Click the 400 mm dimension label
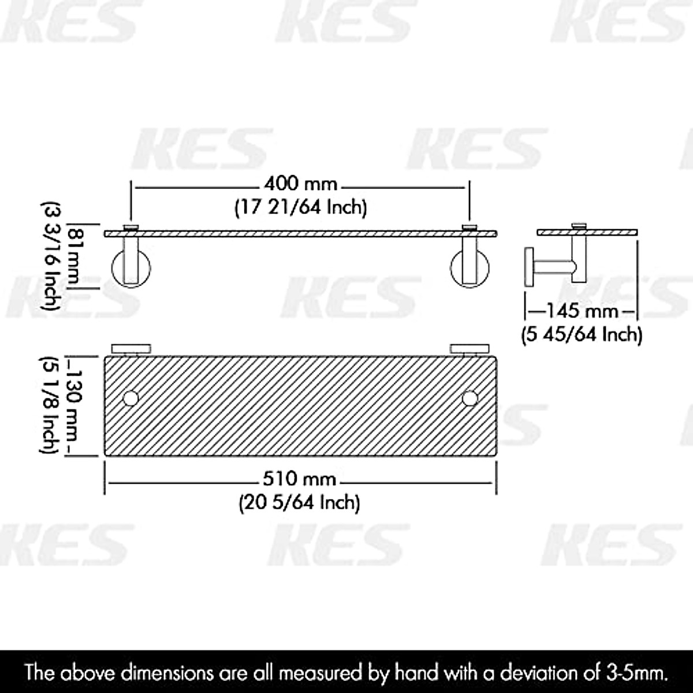pos(300,184)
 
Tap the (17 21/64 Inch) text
pos(300,206)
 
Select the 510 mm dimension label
pos(300,479)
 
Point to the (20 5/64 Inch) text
pos(300,502)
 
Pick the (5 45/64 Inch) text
pos(582,334)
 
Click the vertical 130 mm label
pos(73,407)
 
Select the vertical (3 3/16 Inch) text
pos(51,254)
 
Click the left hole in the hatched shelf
pos(131,398)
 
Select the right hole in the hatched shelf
pos(470,398)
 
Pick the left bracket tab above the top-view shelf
pos(131,348)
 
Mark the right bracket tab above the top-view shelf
pos(470,348)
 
